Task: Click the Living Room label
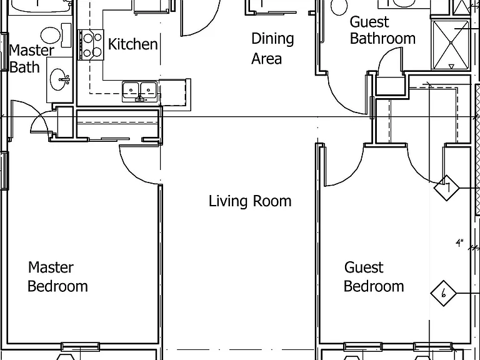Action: pyautogui.click(x=250, y=201)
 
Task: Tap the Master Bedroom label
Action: pyautogui.click(x=58, y=277)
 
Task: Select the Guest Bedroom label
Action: pyautogui.click(x=374, y=277)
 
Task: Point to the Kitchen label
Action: pyautogui.click(x=133, y=44)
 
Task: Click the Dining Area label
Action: pyautogui.click(x=272, y=48)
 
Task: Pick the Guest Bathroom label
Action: pyautogui.click(x=382, y=30)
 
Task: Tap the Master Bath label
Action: pyautogui.click(x=31, y=59)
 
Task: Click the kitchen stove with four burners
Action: pyautogui.click(x=91, y=45)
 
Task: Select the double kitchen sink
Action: pyautogui.click(x=139, y=91)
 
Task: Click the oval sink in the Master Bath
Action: pyautogui.click(x=57, y=79)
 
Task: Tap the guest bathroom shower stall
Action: pyautogui.click(x=451, y=45)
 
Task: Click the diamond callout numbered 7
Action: pyautogui.click(x=447, y=187)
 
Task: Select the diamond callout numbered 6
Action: pyautogui.click(x=443, y=293)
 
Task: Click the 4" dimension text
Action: pyautogui.click(x=459, y=243)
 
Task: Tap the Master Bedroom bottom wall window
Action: pyautogui.click(x=80, y=347)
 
